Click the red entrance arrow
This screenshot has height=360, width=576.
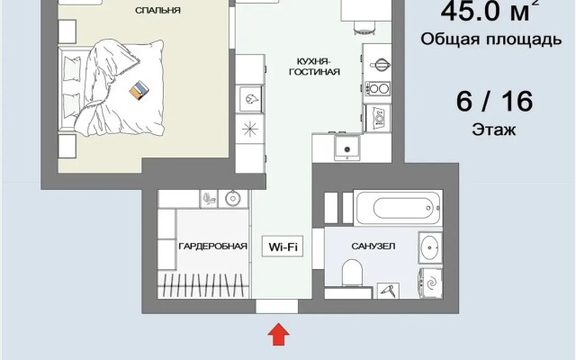(x=278, y=334)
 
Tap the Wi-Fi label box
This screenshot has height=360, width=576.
(x=283, y=246)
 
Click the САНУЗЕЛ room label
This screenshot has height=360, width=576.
(x=373, y=246)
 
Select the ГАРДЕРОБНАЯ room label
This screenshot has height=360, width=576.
(x=212, y=246)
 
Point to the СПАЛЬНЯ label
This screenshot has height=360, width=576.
(x=158, y=10)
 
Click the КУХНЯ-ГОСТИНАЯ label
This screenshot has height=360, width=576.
(x=314, y=67)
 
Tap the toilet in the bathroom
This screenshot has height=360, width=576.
(x=352, y=273)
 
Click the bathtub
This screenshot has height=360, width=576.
(x=398, y=208)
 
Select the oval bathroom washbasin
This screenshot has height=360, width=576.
(x=430, y=247)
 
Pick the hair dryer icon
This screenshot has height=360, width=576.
(x=388, y=291)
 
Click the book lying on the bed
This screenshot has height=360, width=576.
(x=139, y=90)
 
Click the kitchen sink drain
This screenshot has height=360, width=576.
(x=347, y=149)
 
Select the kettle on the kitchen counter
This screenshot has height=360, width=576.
(x=380, y=65)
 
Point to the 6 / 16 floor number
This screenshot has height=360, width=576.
(x=494, y=102)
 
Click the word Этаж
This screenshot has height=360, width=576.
(x=494, y=130)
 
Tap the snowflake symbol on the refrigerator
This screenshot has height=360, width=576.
(x=250, y=129)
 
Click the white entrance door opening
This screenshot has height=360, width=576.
(x=276, y=306)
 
